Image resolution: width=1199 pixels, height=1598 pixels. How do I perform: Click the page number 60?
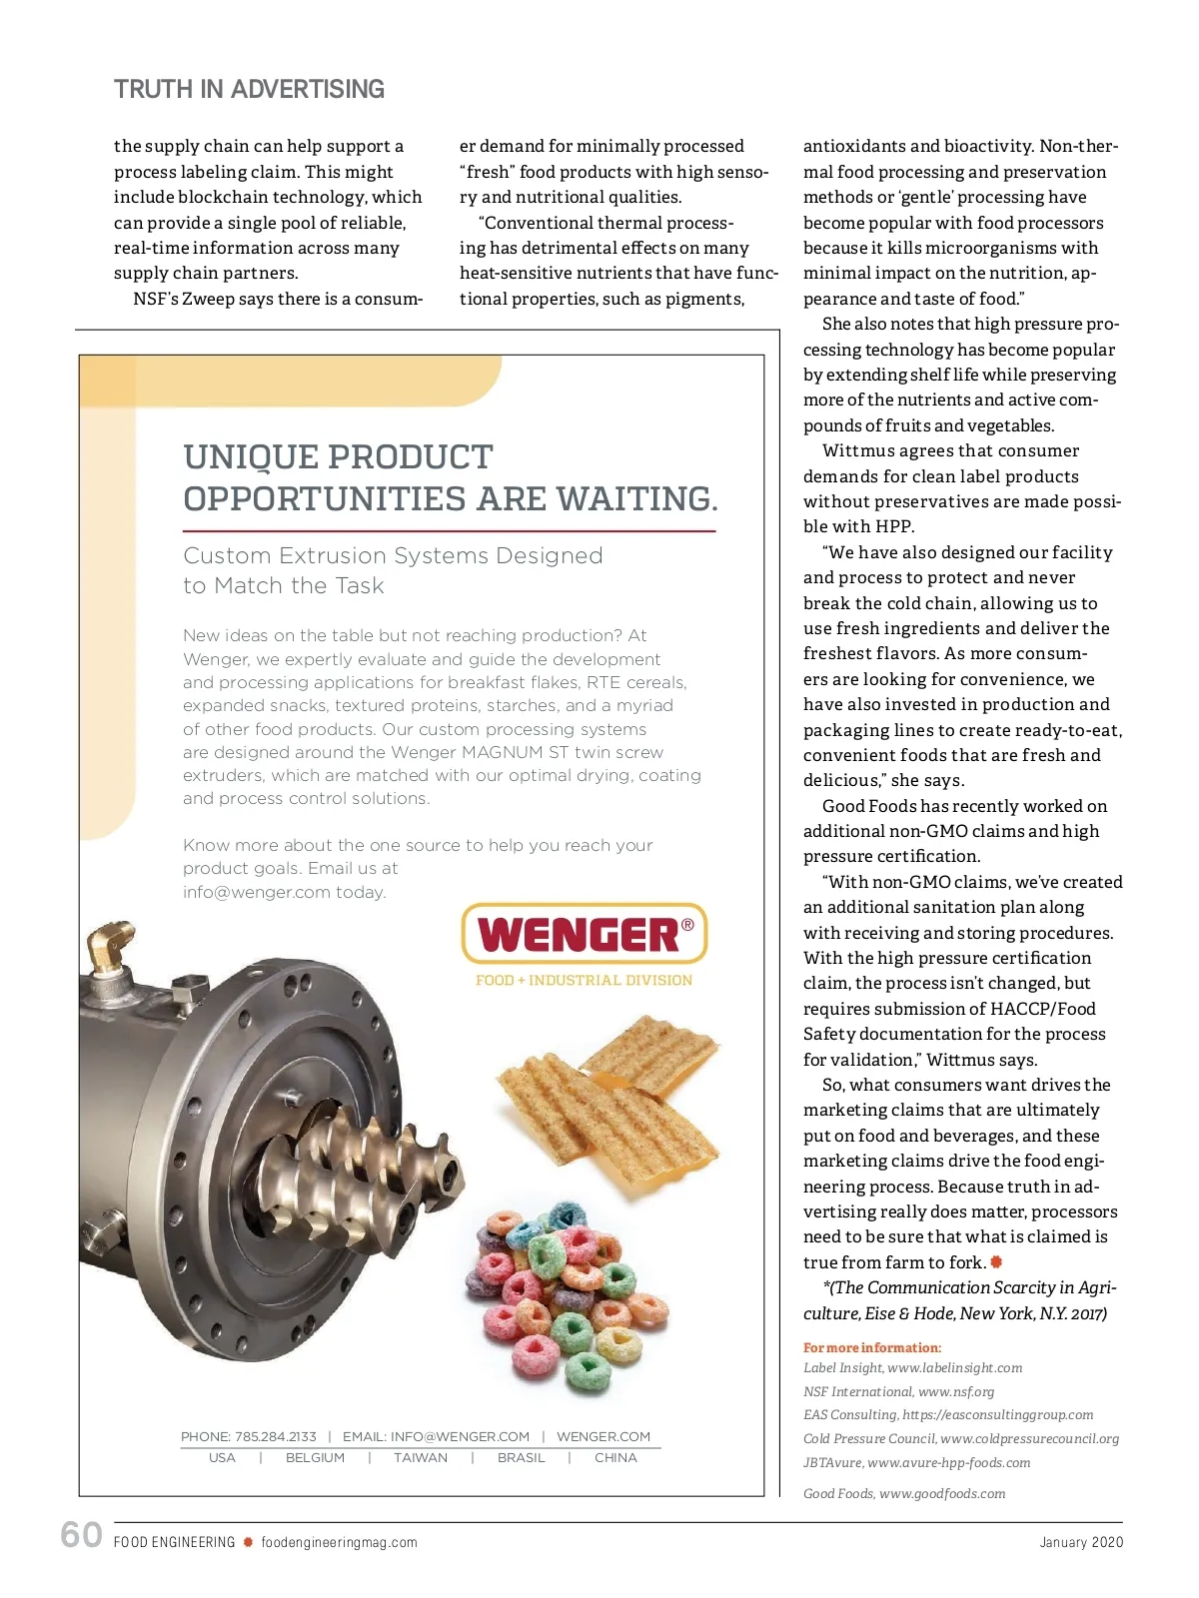(81, 1534)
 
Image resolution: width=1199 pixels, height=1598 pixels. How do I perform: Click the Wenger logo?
(585, 934)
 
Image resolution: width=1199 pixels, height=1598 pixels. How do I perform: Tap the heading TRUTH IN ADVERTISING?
(249, 90)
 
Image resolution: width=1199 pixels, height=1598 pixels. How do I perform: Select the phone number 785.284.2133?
(275, 1436)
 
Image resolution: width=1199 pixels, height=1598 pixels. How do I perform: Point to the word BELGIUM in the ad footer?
(315, 1458)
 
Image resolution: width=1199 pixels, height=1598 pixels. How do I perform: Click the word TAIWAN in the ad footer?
(421, 1458)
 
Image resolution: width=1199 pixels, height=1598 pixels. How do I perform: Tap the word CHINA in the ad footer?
(615, 1458)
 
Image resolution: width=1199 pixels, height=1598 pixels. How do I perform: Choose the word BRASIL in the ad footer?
(522, 1458)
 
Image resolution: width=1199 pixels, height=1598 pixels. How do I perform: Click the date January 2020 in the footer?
(1081, 1542)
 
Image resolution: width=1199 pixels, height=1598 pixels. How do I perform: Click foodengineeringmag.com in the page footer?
(339, 1542)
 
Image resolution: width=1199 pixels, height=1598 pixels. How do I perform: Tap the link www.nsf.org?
(956, 1391)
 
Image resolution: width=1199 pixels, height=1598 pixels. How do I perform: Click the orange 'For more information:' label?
(872, 1347)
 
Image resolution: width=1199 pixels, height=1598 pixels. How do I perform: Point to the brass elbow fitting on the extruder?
(108, 948)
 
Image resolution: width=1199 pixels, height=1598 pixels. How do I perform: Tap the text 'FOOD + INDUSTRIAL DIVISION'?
(584, 981)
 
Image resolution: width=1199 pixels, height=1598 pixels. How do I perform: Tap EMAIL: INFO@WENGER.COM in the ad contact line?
(436, 1436)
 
